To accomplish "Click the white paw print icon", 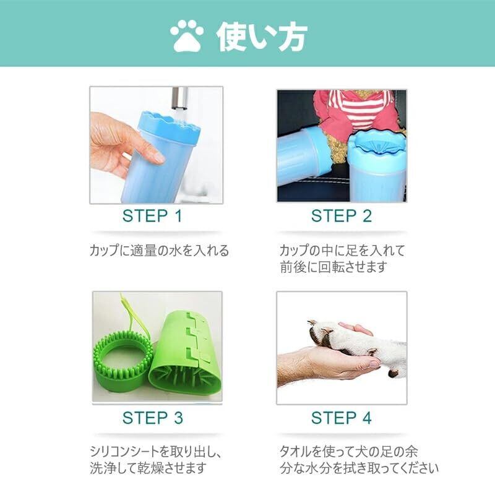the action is (187, 36).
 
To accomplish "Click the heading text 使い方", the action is (262, 36).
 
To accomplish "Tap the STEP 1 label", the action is (152, 216).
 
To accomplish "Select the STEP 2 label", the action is (342, 216).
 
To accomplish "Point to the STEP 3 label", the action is (153, 418).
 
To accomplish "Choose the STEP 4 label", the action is (342, 418).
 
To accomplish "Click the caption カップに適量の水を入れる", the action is (159, 251).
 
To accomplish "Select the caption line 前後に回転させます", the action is (334, 267).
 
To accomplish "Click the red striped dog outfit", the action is (355, 114).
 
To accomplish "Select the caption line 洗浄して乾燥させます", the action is (148, 468).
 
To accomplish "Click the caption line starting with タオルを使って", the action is (349, 452).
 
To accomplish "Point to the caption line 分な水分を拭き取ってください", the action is (359, 468).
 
